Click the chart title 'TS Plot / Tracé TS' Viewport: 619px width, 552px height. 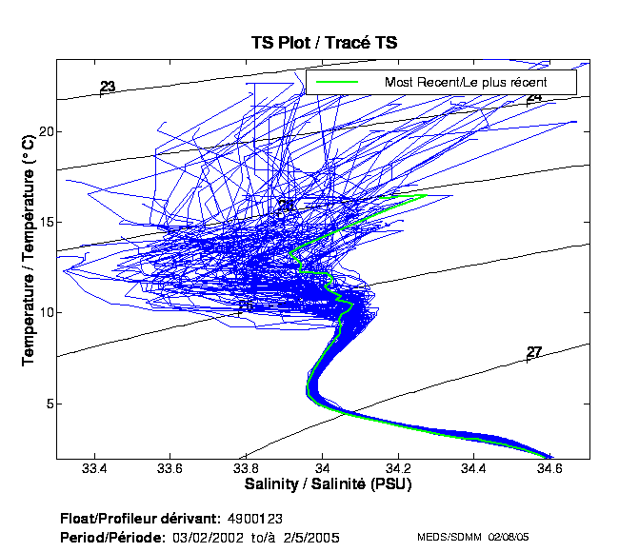323,43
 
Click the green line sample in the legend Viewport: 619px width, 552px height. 338,82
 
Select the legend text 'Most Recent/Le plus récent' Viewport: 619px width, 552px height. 465,82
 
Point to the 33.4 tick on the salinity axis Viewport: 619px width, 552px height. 94,468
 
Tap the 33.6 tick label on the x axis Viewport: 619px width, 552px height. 170,468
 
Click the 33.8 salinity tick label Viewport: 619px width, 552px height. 247,468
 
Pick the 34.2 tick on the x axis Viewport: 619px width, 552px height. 399,468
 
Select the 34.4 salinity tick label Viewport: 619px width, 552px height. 474,468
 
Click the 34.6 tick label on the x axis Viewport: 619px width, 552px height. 550,468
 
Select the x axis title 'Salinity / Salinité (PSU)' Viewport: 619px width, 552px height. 329,484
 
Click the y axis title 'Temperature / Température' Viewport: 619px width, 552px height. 29,257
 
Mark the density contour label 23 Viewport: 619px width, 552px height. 108,87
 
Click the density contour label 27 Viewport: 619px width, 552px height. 534,352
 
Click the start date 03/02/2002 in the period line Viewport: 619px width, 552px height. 205,537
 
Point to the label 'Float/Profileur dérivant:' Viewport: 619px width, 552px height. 140,518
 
